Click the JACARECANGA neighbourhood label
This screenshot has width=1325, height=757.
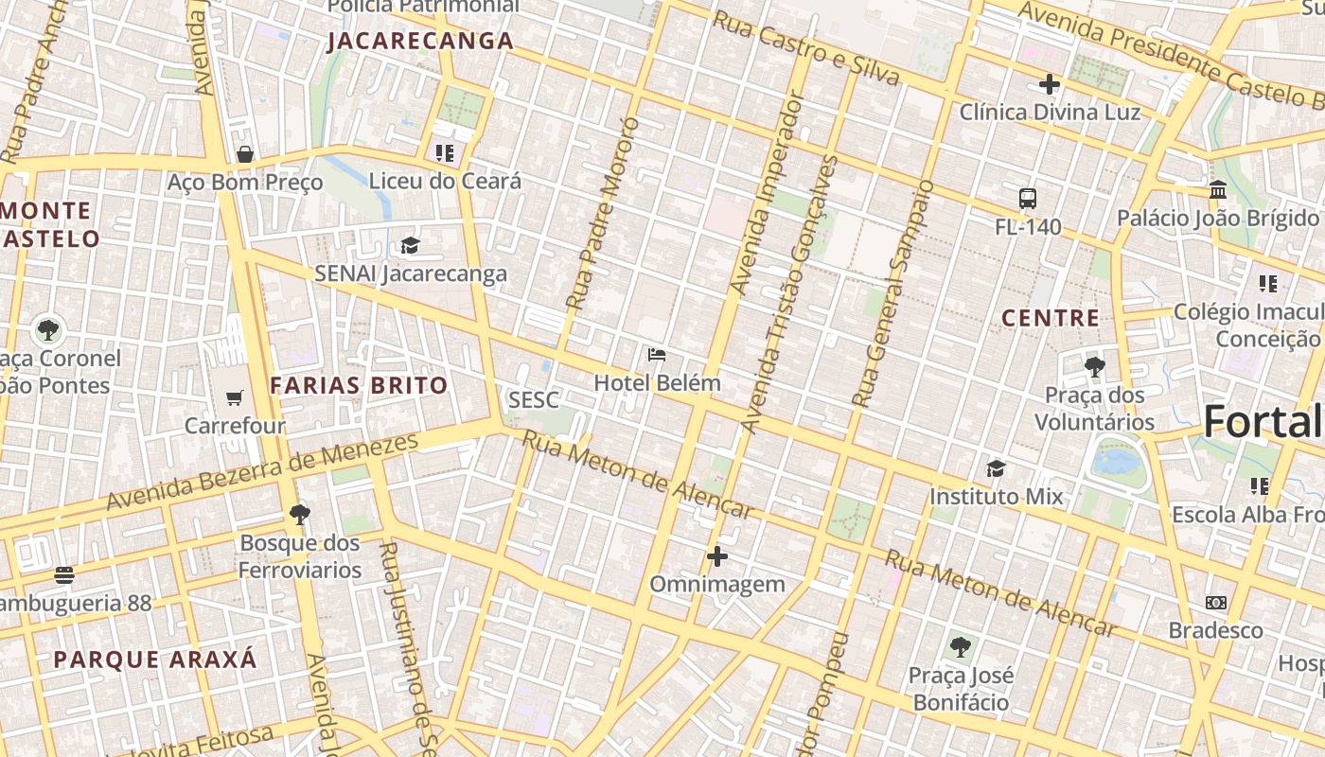coord(420,42)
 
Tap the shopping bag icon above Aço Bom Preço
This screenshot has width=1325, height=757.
coord(245,154)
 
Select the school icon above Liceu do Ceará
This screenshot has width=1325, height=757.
coord(445,152)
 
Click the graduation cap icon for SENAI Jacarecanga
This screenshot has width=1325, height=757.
coord(410,246)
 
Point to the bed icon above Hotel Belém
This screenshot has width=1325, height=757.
coord(657,356)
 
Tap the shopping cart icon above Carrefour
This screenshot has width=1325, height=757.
coord(235,398)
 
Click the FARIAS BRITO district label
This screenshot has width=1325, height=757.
coord(359,385)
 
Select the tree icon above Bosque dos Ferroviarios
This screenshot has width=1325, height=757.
coord(300,515)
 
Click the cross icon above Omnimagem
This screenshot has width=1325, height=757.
coord(717,556)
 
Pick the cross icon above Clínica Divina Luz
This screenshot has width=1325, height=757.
coord(1050,84)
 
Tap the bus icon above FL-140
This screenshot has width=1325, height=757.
coord(1028,199)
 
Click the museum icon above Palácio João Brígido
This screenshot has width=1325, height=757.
coord(1218,190)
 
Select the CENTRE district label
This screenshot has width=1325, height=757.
coord(1051,318)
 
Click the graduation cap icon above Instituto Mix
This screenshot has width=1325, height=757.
coord(996,468)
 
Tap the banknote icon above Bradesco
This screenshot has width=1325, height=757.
coord(1216,603)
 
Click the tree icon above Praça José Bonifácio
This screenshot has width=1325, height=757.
coord(960,648)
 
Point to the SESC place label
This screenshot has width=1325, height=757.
coord(533,400)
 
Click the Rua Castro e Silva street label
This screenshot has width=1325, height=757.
coord(805,49)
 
